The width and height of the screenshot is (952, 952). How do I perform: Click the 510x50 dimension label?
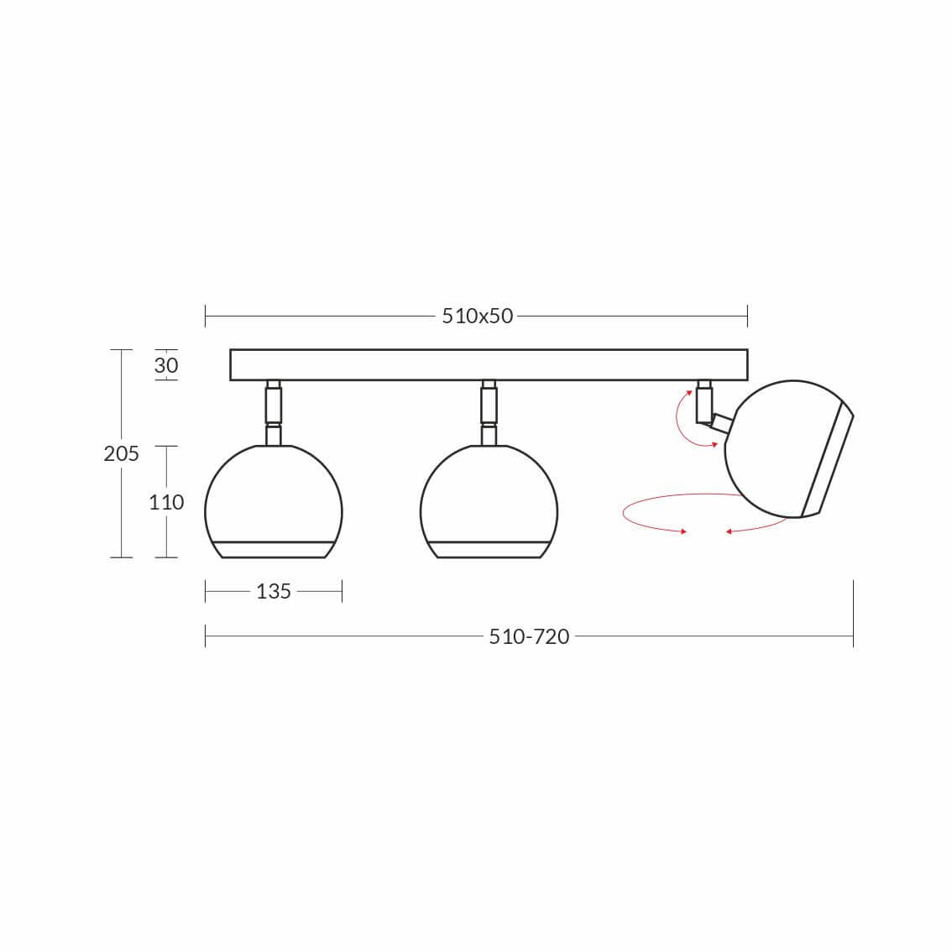(x=477, y=316)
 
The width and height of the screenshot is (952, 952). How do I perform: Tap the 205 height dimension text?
(x=122, y=453)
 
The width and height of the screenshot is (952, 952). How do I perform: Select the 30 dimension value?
(x=165, y=365)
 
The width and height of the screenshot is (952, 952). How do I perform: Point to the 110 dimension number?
(x=166, y=502)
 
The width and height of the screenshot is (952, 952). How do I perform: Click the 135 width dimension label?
(x=273, y=591)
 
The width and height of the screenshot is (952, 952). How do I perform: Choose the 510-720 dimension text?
(x=529, y=636)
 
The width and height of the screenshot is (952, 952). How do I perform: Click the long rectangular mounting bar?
(x=489, y=365)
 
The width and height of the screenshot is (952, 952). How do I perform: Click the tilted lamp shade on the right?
(x=789, y=449)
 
